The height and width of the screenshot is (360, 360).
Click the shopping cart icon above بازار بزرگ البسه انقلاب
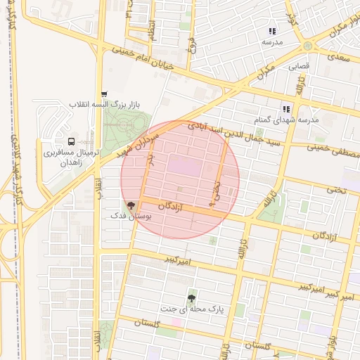[104, 94]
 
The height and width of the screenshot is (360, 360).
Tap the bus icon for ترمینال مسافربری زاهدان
[70, 142]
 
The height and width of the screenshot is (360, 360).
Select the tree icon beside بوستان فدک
[131, 206]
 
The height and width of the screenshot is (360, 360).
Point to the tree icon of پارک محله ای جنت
[192, 297]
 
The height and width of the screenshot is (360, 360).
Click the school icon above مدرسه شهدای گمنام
[286, 109]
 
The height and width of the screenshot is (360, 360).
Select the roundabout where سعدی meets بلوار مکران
[308, 46]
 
